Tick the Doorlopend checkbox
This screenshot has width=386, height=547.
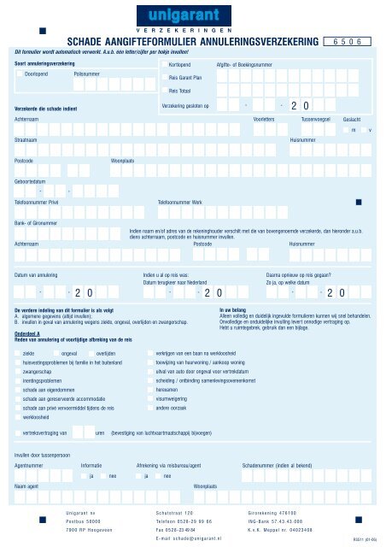pyautogui.click(x=19, y=75)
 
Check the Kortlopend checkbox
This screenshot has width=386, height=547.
pyautogui.click(x=164, y=64)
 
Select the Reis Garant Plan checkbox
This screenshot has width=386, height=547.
pyautogui.click(x=164, y=77)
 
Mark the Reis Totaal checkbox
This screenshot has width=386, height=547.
pyautogui.click(x=164, y=91)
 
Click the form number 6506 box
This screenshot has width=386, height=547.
pyautogui.click(x=350, y=40)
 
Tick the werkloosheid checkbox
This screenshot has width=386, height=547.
pyautogui.click(x=19, y=419)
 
